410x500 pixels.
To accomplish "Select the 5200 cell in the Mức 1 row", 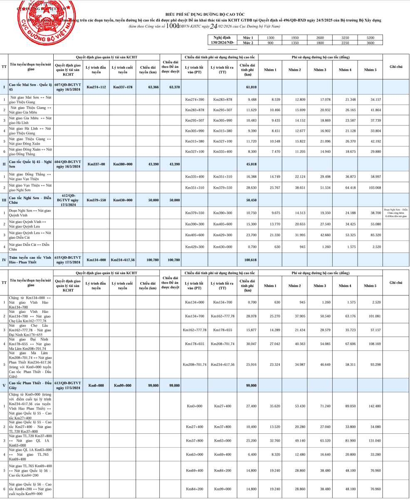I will tap(370, 38).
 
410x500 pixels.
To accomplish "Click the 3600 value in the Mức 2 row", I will tap(370, 42).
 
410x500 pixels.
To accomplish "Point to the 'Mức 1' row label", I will tap(248, 38).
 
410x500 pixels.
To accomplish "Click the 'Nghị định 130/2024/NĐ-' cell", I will tap(222, 40).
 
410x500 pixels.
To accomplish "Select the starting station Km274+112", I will tap(96, 87).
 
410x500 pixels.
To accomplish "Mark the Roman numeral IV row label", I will tap(4, 260).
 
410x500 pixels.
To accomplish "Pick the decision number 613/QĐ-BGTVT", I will tap(68, 385).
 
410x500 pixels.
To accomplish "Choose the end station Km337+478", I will tap(122, 87).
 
